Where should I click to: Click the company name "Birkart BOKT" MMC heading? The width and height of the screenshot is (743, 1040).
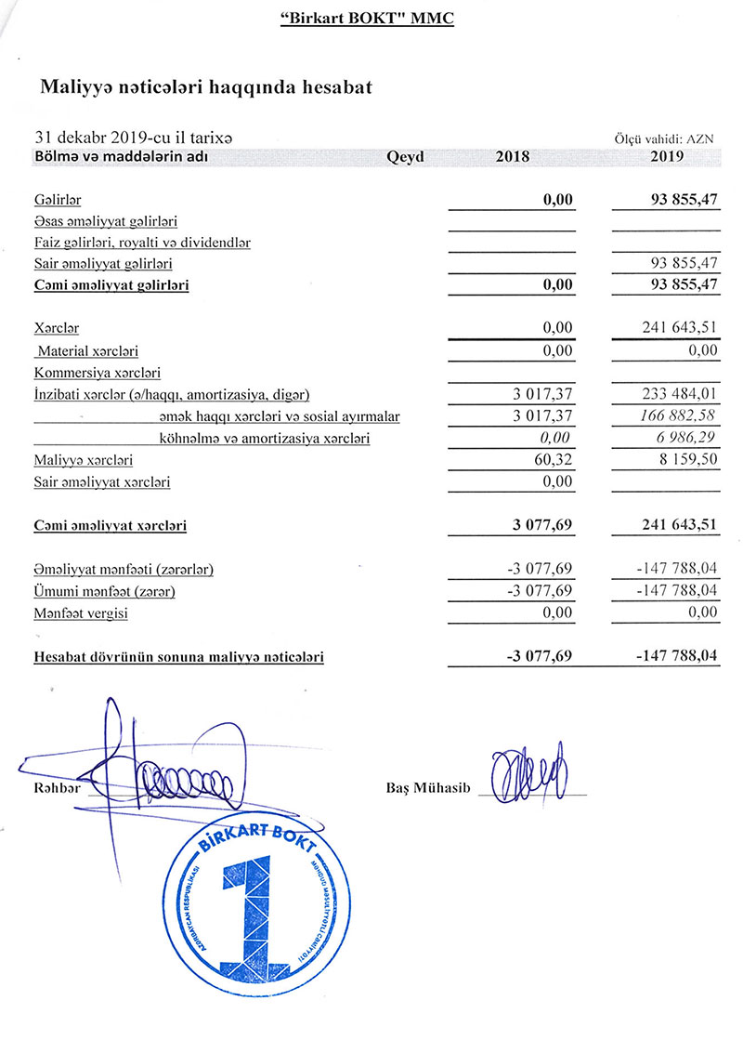coord(367,18)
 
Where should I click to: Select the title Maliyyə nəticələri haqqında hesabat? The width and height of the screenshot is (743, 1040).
coord(206,87)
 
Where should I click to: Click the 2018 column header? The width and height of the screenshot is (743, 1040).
coord(513,157)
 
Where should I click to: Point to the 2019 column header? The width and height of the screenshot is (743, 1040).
coord(668,157)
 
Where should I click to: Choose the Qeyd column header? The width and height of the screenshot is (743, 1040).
coord(405,157)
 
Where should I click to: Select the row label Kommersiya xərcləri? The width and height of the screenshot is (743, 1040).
coord(97,374)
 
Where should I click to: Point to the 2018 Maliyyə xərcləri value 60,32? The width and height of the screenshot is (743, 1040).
coord(556,460)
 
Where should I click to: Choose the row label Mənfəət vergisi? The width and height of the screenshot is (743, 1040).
coord(81,613)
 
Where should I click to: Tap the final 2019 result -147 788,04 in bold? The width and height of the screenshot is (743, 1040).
coord(676,657)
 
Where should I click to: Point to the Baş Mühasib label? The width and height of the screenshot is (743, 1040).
coord(428,789)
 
